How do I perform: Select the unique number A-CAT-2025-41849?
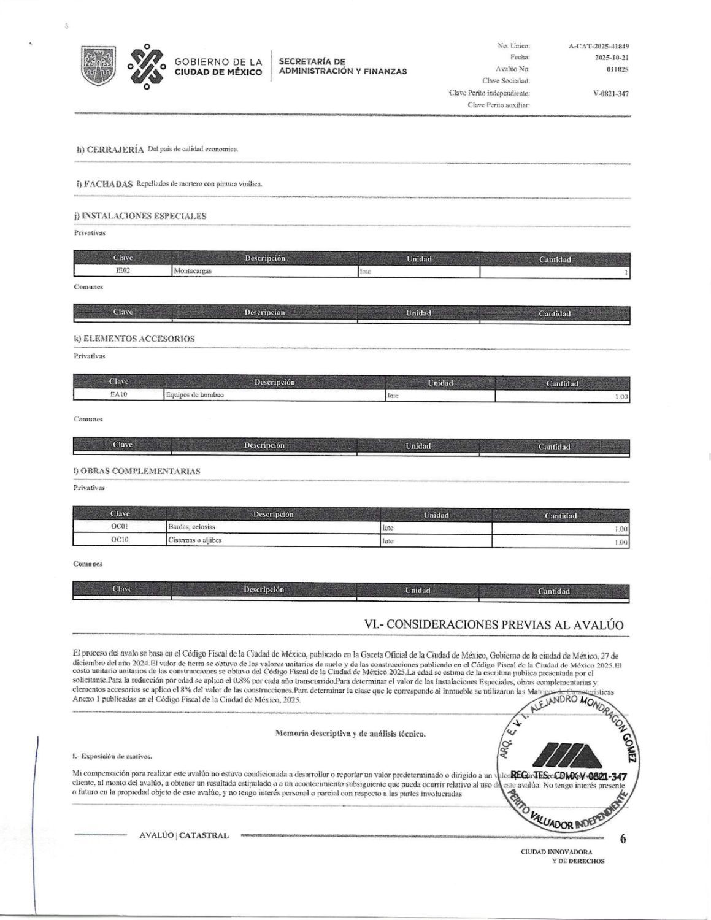click(x=598, y=46)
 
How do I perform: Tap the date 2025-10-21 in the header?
click(x=611, y=58)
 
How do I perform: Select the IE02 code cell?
click(x=123, y=270)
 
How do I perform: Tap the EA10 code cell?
click(x=118, y=395)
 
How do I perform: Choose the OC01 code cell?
click(x=120, y=527)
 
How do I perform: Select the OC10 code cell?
click(x=120, y=540)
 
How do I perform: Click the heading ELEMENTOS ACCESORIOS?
click(x=134, y=339)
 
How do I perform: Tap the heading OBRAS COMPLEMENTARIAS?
click(x=137, y=472)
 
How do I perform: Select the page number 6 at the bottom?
click(x=623, y=840)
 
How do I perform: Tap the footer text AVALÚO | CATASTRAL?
click(x=184, y=835)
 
